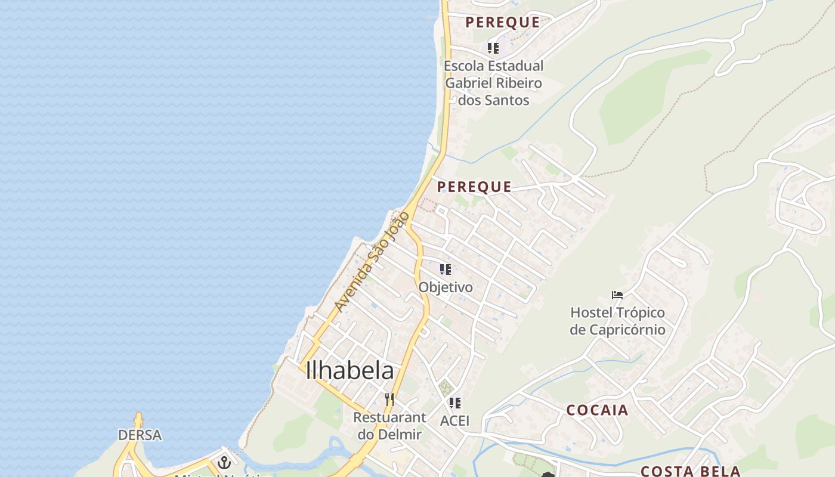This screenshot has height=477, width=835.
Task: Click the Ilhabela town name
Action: coord(350,371)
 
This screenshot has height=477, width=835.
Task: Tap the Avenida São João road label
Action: coord(372,261)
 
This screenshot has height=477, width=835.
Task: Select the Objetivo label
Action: coord(446,287)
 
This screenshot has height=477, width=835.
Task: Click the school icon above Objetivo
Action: coord(446,270)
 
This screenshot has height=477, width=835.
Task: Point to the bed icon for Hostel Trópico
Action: coord(617,295)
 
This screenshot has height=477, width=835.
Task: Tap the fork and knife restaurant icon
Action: coord(389,399)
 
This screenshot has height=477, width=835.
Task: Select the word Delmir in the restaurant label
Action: coord(398,434)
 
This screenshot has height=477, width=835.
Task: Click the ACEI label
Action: coord(455,421)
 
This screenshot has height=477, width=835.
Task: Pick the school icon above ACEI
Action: coord(455,403)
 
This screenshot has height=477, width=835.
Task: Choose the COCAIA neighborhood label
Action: coord(597,410)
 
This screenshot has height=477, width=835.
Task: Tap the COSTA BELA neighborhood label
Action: coord(690,471)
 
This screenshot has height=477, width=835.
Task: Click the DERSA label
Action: coord(140,435)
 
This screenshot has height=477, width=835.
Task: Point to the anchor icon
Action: coord(224,462)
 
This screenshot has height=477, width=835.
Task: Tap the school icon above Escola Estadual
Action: coord(493,48)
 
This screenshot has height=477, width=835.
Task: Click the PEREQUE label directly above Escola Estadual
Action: coord(502,23)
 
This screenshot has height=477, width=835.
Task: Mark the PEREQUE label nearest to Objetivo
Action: coord(474,187)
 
